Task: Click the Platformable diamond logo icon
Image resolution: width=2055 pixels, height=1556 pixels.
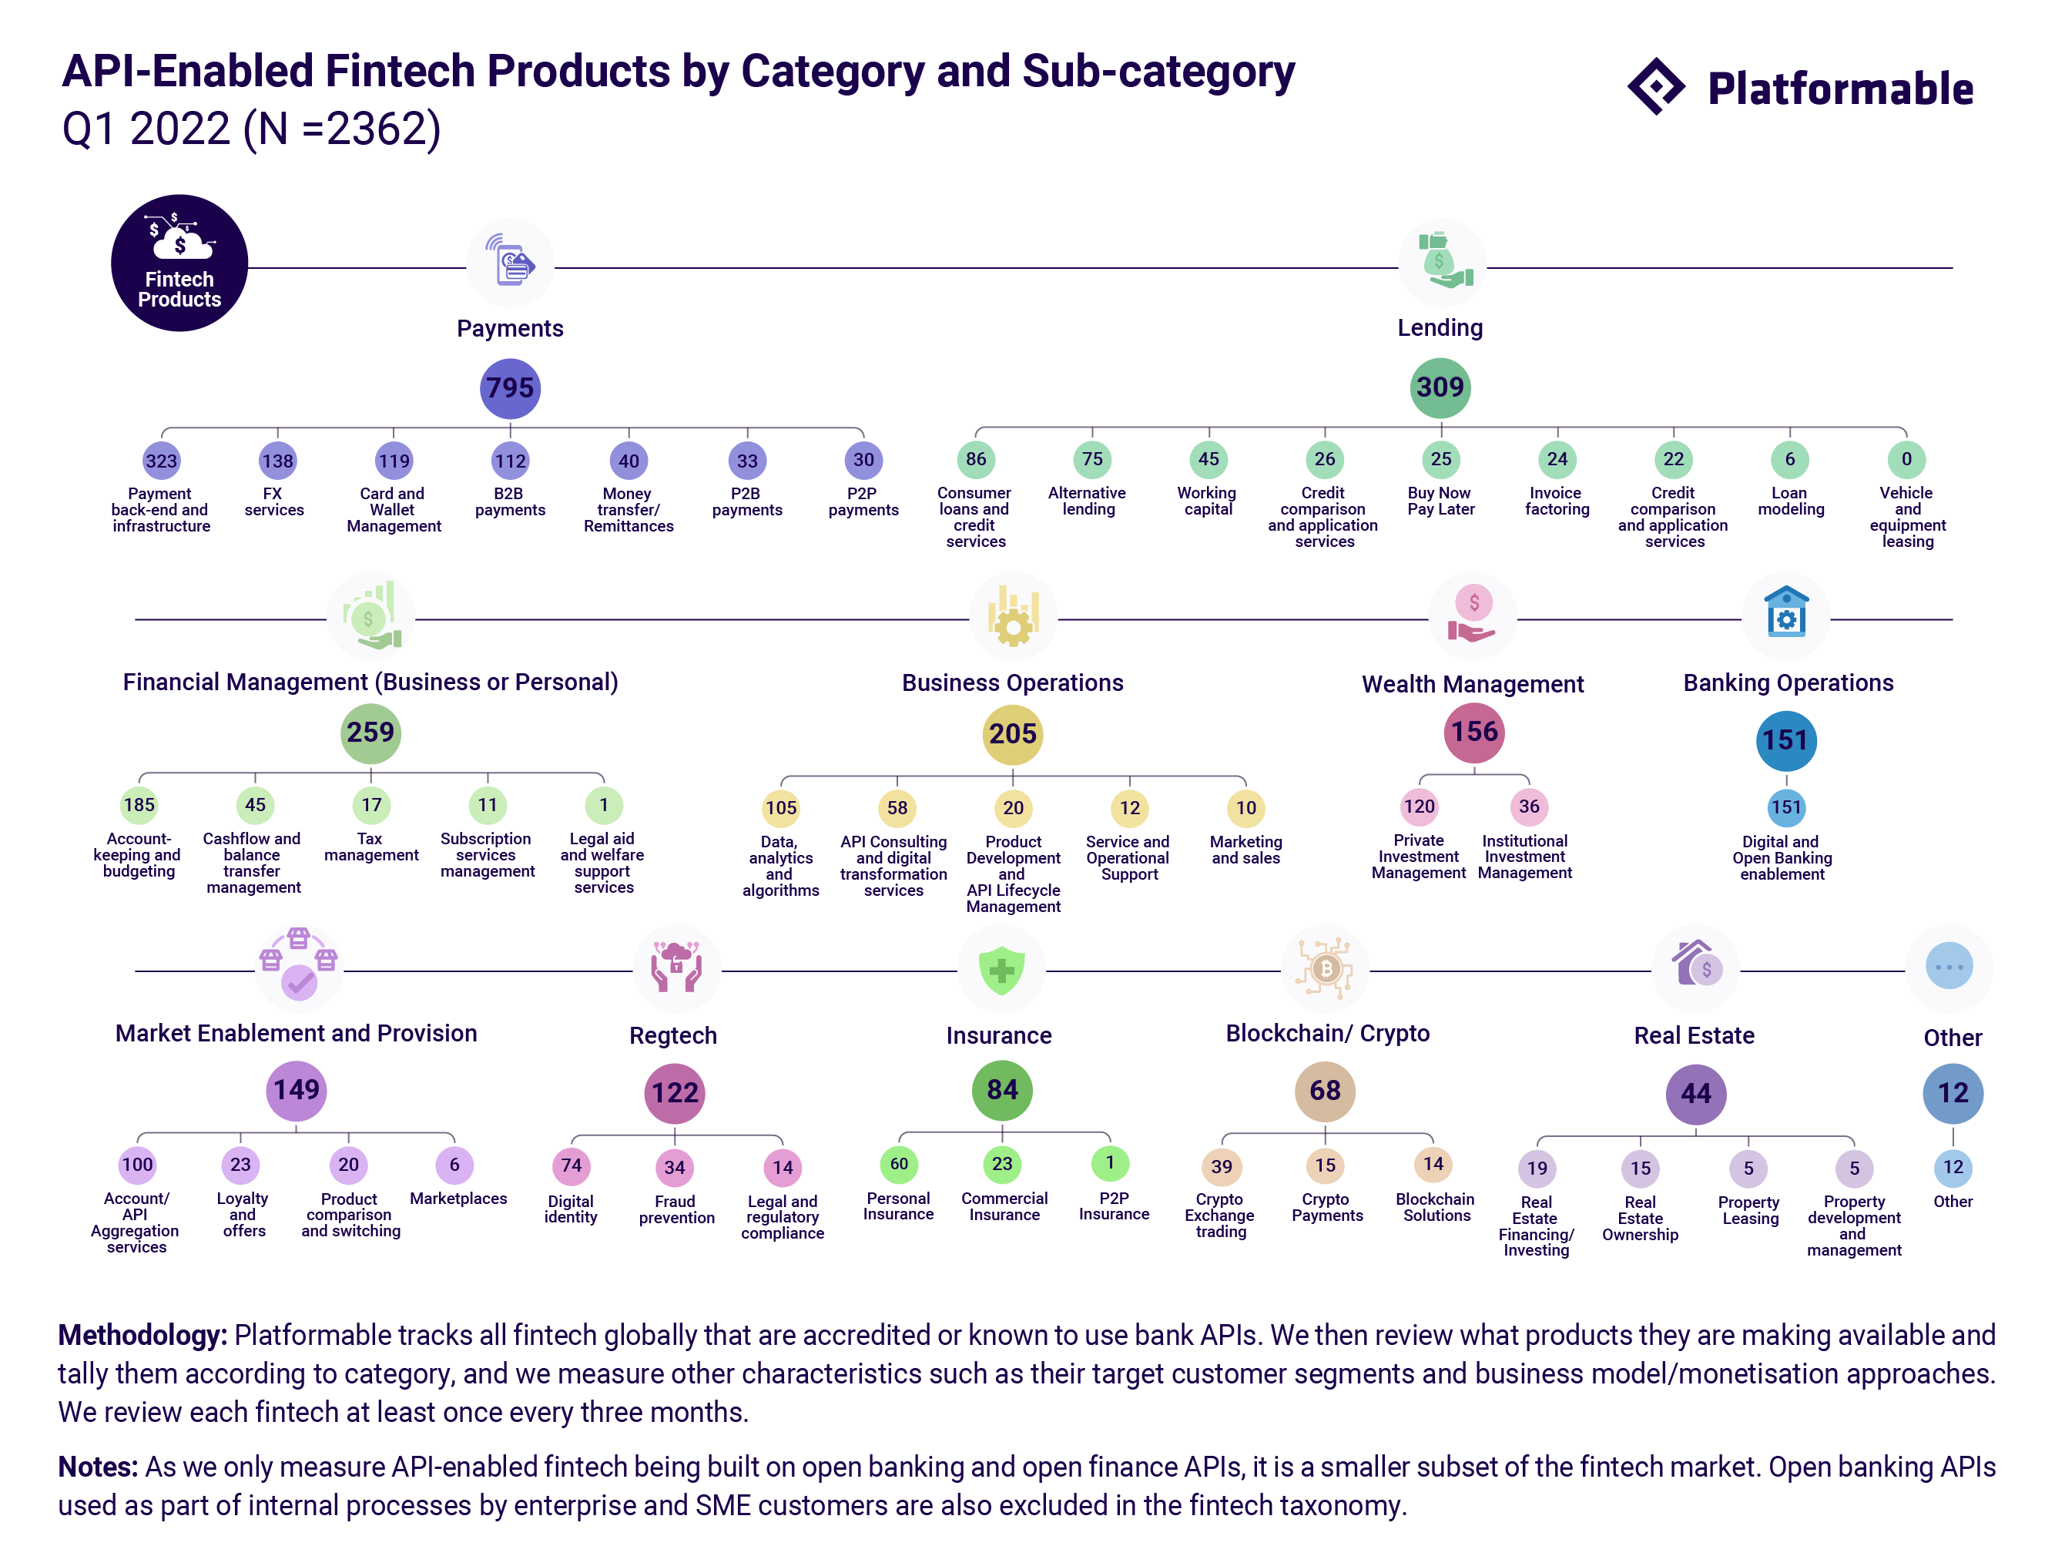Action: point(1657,87)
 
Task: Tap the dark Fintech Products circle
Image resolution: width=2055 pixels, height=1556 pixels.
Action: point(179,263)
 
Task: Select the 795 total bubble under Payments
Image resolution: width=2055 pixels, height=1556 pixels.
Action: point(510,387)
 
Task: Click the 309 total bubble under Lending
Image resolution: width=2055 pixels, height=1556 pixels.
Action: point(1440,387)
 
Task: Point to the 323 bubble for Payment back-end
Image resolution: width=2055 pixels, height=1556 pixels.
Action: point(161,461)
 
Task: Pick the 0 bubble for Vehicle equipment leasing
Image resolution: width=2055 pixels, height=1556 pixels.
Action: point(1906,459)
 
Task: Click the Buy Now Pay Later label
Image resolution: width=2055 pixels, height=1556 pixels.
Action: point(1440,501)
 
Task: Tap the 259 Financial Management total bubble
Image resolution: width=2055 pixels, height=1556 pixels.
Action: point(370,733)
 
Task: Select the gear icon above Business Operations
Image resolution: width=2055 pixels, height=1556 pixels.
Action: point(1013,618)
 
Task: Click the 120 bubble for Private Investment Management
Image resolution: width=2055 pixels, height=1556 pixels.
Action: point(1419,807)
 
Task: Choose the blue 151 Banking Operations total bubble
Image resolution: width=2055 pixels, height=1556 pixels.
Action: point(1785,740)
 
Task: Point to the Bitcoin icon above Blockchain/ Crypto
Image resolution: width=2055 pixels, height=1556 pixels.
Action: point(1325,969)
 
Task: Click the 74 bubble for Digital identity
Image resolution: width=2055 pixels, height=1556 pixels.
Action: point(572,1165)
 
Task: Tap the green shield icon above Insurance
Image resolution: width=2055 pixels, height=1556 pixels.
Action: point(1001,970)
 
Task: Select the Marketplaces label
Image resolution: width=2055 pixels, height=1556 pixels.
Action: point(458,1199)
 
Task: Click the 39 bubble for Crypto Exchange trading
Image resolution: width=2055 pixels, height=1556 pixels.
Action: point(1221,1167)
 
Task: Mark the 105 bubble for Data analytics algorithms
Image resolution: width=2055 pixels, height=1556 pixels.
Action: point(780,808)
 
